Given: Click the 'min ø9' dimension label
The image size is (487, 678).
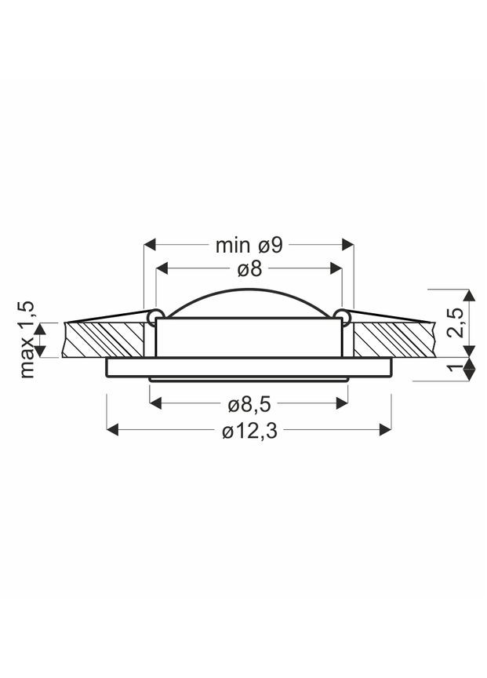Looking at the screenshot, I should (249, 245).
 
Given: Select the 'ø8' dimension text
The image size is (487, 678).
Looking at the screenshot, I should (249, 270).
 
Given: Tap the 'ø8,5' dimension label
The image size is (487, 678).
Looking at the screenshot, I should (249, 405).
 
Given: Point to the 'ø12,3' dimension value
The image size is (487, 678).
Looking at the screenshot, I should (249, 431).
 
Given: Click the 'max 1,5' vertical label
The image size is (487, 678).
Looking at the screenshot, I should (28, 338).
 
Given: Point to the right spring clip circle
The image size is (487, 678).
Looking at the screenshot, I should (343, 315).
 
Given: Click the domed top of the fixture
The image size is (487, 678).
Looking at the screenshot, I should (249, 302).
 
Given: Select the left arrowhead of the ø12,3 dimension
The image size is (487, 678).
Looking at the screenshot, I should (112, 429).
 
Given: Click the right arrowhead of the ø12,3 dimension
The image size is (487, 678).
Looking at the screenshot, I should (385, 429).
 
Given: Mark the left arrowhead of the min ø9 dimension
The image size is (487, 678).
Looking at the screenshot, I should (151, 245).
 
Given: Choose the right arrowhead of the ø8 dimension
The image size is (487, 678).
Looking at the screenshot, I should (336, 270).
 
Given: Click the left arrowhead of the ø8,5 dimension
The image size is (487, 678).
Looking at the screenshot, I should (155, 403).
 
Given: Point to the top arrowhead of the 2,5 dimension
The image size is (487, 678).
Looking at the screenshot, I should (468, 296).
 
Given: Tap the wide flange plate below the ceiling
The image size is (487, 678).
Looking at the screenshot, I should (249, 367).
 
